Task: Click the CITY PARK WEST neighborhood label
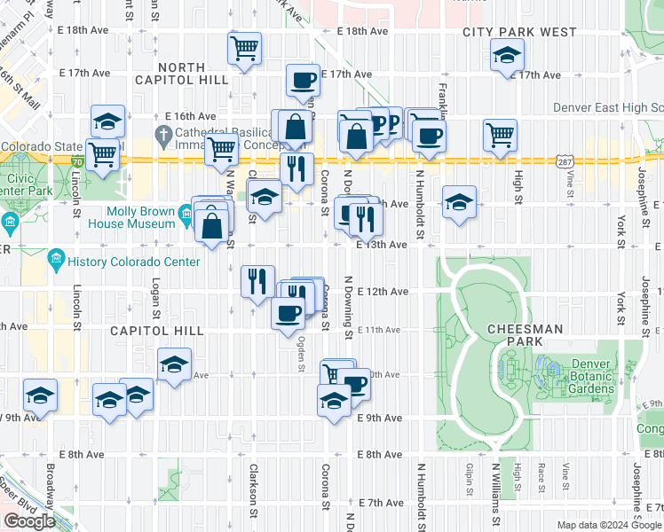point(519,33)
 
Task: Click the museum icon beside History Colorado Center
point(56,259)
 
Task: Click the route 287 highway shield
point(565,161)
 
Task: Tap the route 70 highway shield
point(78,161)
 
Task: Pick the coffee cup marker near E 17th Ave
point(303,81)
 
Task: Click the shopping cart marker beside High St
point(500,136)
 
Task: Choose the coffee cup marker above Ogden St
point(287,314)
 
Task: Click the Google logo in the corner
point(30,521)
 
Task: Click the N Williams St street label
point(495,497)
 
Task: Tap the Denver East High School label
point(607,107)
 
